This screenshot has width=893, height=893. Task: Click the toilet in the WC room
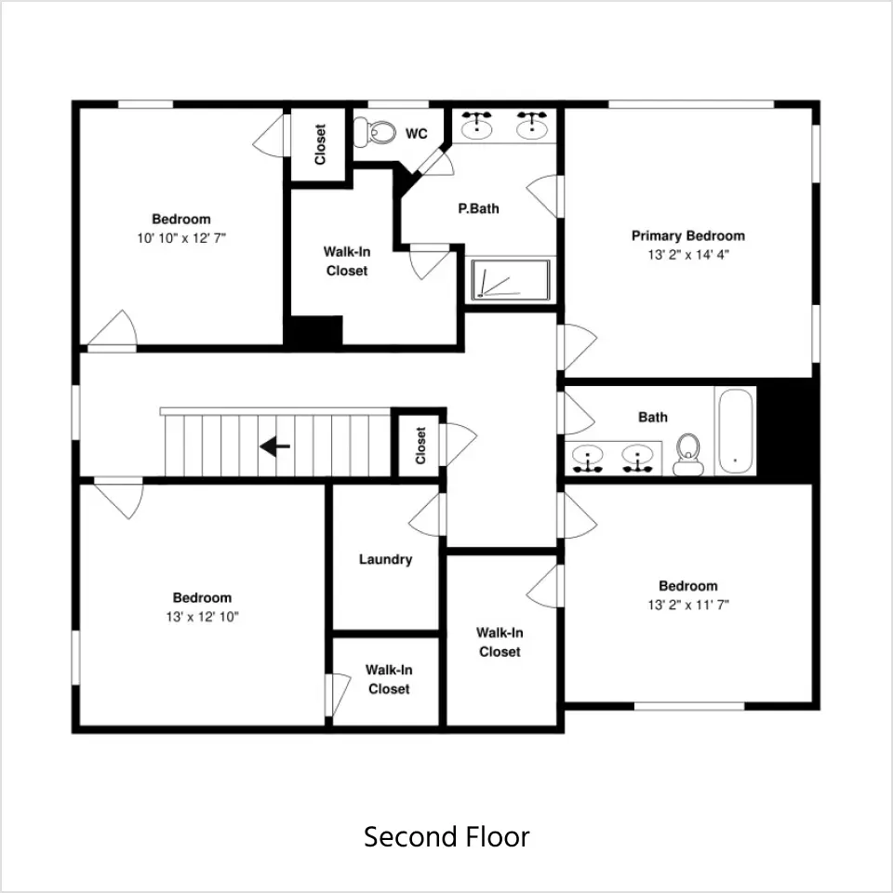pyautogui.click(x=374, y=133)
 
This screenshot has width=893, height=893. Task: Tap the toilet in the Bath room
pyautogui.click(x=688, y=454)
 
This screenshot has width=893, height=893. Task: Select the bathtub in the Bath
pyautogui.click(x=735, y=431)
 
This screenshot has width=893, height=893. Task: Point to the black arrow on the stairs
pyautogui.click(x=275, y=446)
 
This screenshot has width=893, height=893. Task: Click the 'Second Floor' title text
pyautogui.click(x=446, y=836)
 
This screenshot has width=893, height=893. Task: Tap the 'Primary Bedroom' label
pyautogui.click(x=688, y=235)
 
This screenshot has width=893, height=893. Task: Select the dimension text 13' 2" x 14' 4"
pyautogui.click(x=688, y=255)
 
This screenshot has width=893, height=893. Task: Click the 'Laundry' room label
pyautogui.click(x=385, y=559)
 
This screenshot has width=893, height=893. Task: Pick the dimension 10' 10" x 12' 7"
pyautogui.click(x=181, y=238)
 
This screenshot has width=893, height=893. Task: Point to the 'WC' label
pyautogui.click(x=417, y=134)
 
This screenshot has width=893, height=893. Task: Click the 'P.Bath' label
pyautogui.click(x=478, y=208)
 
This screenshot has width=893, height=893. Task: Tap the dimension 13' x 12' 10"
pyautogui.click(x=202, y=617)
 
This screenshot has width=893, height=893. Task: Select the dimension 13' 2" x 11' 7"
pyautogui.click(x=688, y=605)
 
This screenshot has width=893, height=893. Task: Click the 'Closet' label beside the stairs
pyautogui.click(x=420, y=446)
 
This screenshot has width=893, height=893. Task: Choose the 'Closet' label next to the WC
pyautogui.click(x=320, y=145)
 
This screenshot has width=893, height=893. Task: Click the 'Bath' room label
pyautogui.click(x=653, y=418)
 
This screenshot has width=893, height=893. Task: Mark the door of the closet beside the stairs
pyautogui.click(x=460, y=445)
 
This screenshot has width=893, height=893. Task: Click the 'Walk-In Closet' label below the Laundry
pyautogui.click(x=389, y=679)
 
